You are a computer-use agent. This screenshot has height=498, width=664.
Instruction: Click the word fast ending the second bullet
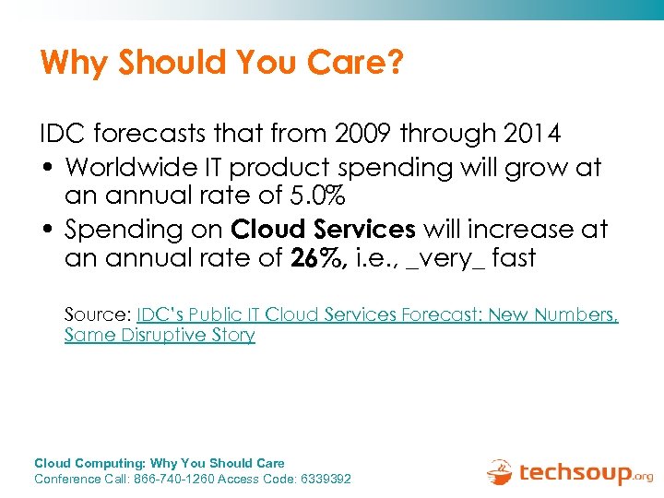coord(514,258)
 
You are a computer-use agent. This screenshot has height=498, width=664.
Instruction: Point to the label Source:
coord(98,314)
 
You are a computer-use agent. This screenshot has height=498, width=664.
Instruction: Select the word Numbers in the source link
coord(579,314)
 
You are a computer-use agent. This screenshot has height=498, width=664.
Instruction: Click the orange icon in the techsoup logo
coord(500,471)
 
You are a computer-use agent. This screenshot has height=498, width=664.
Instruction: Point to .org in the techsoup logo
coord(642,477)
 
